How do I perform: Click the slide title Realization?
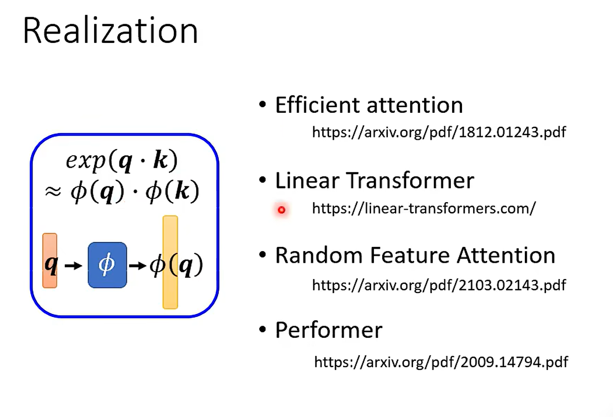pyautogui.click(x=110, y=31)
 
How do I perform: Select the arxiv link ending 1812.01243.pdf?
pyautogui.click(x=439, y=132)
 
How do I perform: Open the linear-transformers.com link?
pyautogui.click(x=424, y=208)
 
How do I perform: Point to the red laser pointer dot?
pyautogui.click(x=281, y=210)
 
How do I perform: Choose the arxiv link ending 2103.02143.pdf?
pyautogui.click(x=439, y=285)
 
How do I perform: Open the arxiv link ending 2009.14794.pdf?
pyautogui.click(x=441, y=362)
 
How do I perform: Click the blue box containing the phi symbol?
pyautogui.click(x=107, y=265)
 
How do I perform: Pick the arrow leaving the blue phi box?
pyautogui.click(x=137, y=266)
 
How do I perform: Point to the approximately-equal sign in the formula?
pyautogui.click(x=54, y=191)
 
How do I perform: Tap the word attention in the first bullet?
pyautogui.click(x=415, y=105)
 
